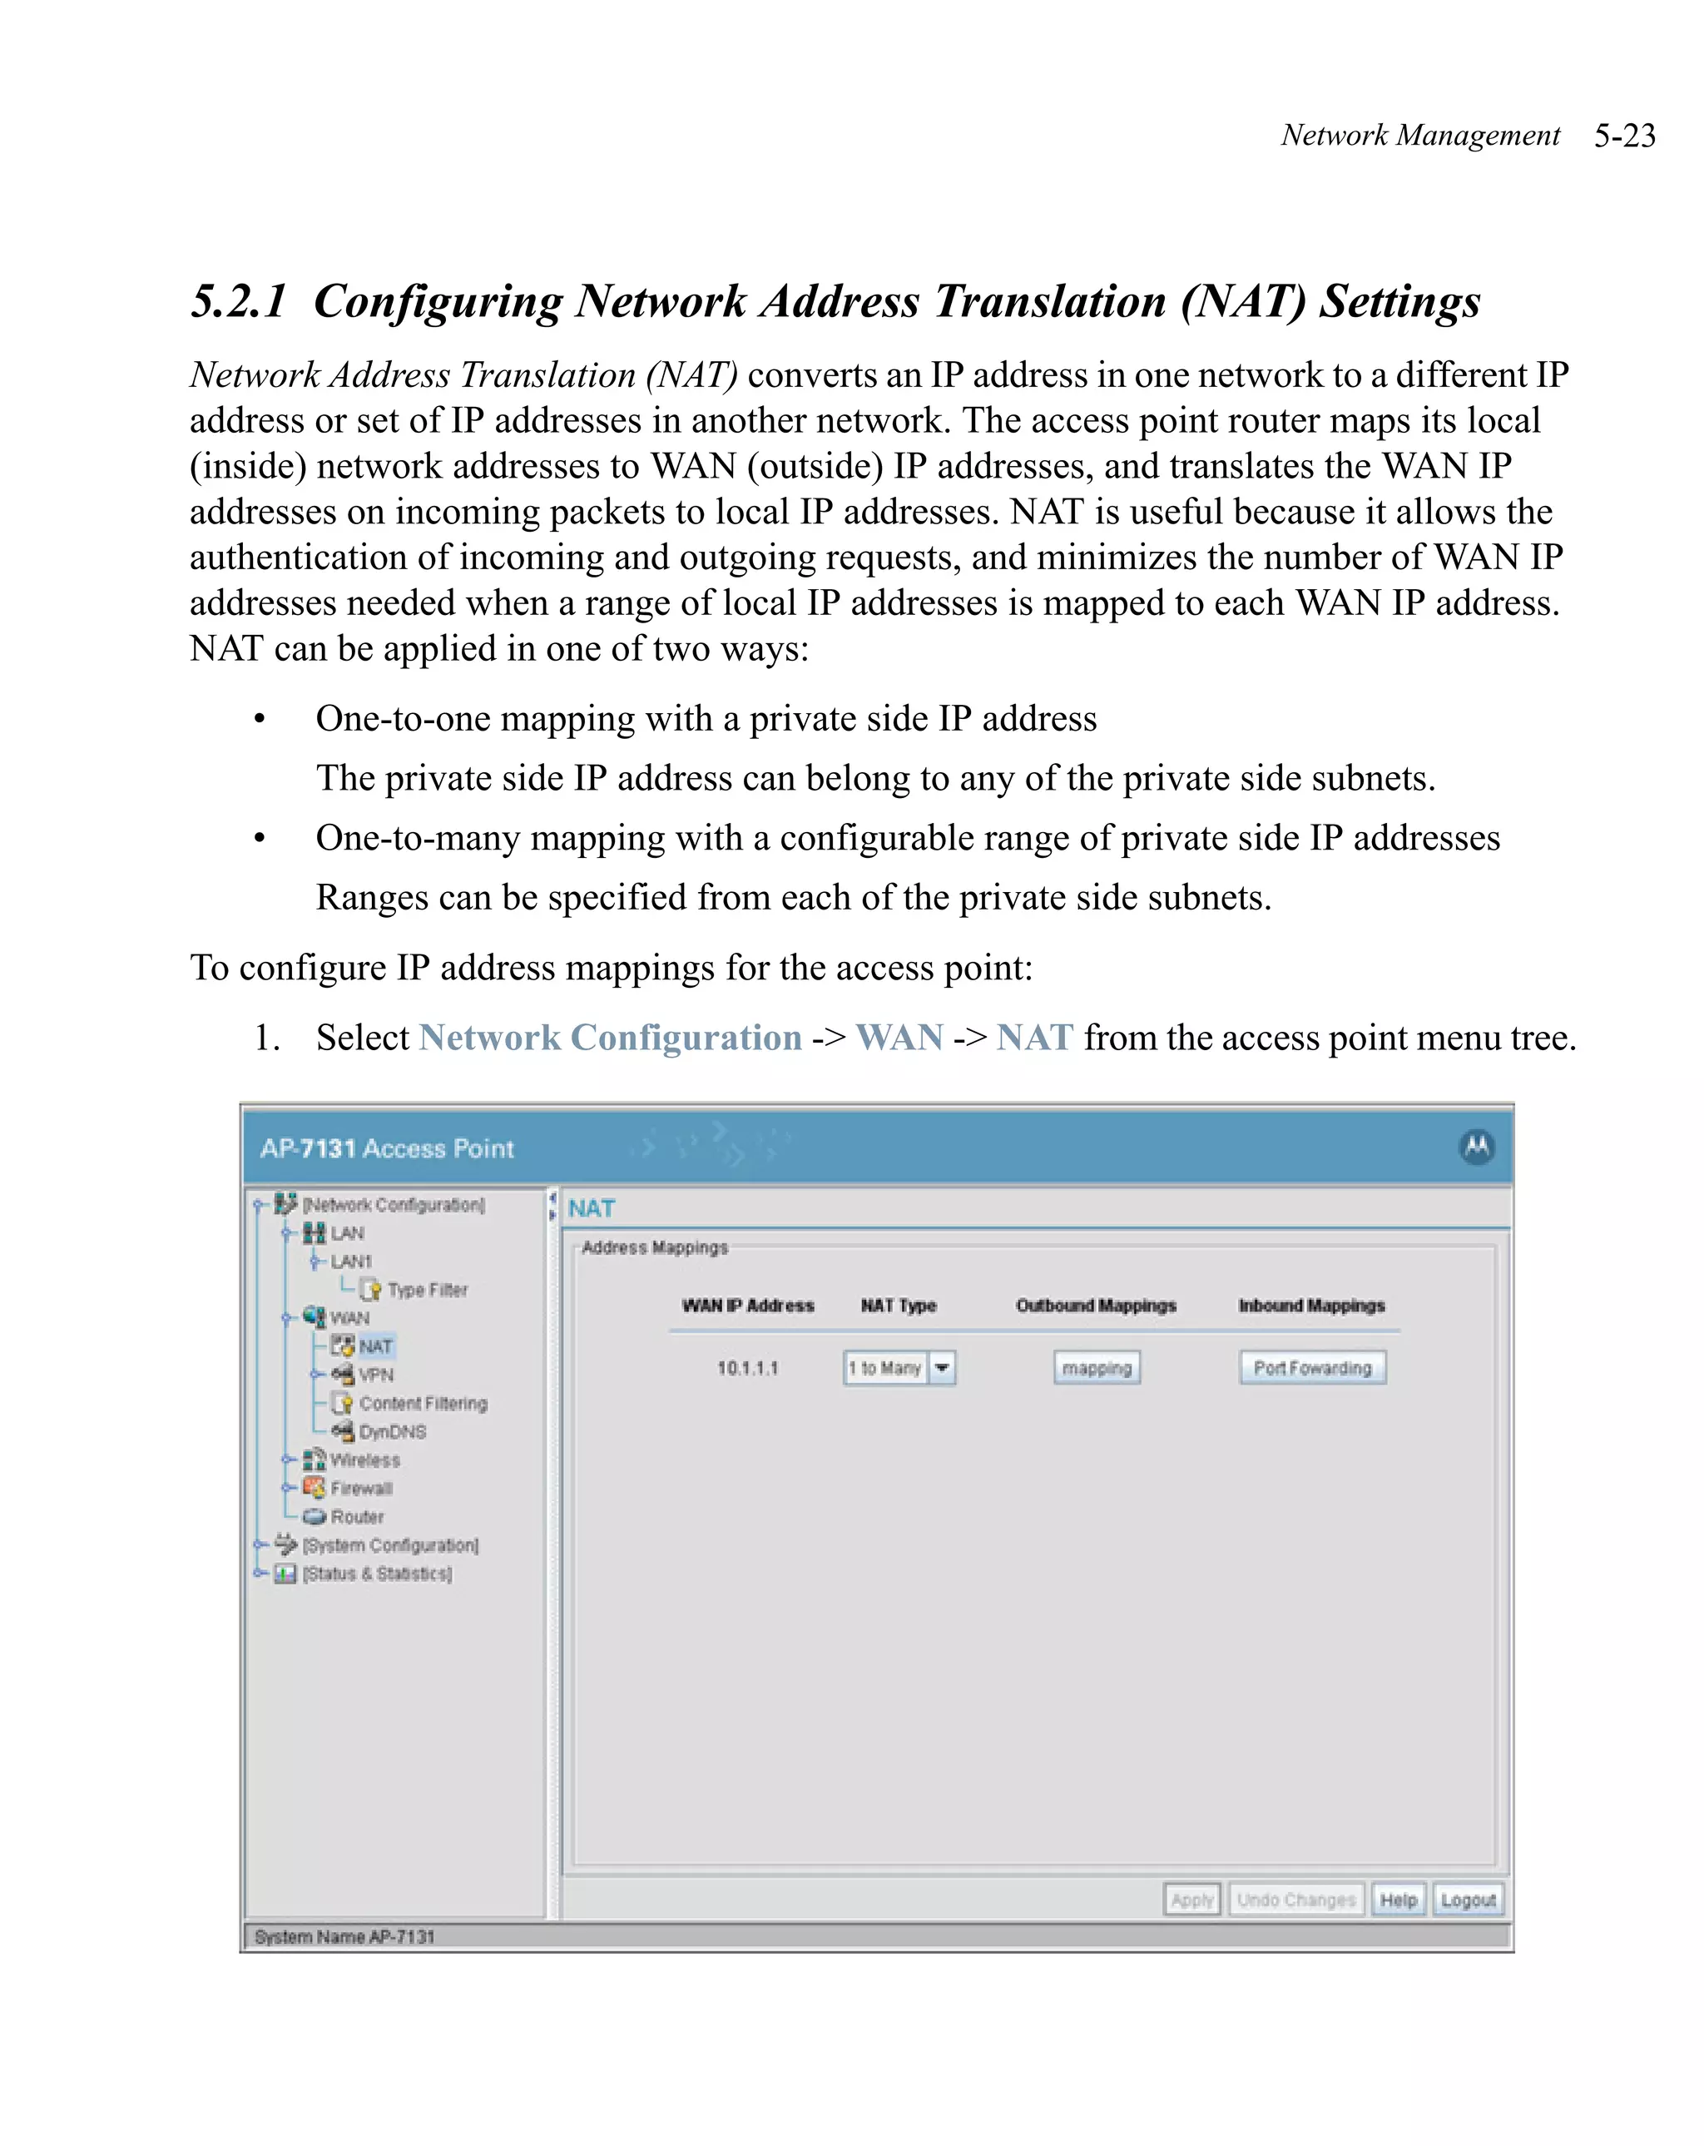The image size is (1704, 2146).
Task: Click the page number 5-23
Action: pos(1623,136)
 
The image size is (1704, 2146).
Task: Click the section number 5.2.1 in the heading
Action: pos(239,300)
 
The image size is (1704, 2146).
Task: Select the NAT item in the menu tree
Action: pos(375,1346)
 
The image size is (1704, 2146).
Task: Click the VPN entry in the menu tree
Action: pos(375,1375)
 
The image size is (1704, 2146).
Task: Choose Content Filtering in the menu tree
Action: pos(422,1404)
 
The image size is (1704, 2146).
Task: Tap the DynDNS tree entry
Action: pos(391,1431)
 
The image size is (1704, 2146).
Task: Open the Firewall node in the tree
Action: pos(360,1488)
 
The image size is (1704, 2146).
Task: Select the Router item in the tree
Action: pos(356,1517)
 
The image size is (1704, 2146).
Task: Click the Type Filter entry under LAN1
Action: pos(426,1290)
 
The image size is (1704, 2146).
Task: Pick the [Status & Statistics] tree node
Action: pos(376,1574)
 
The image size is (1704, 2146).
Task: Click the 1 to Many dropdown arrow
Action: pos(942,1368)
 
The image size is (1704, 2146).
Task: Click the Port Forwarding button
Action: pos(1312,1368)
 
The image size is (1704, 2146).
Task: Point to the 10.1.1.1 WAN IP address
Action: pos(747,1368)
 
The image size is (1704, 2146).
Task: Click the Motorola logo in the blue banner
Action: pos(1476,1147)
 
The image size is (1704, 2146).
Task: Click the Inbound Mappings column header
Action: pos(1310,1305)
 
